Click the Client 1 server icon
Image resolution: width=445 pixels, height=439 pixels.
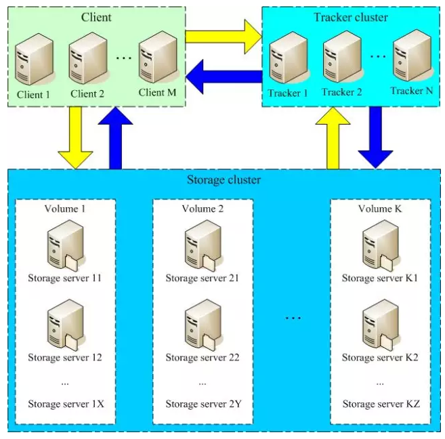pos(35,59)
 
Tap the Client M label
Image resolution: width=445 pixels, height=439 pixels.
pos(157,92)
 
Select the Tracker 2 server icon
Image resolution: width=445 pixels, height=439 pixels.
pos(343,57)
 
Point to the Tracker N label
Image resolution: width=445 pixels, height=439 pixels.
pos(412,91)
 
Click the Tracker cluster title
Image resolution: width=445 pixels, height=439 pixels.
pos(351,17)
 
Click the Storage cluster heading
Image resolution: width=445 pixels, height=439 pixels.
pos(224,180)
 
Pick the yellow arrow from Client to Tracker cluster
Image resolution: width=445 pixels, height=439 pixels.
pos(224,37)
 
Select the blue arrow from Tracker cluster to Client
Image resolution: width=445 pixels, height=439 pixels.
pos(224,77)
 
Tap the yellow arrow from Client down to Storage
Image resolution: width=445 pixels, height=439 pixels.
pos(75,138)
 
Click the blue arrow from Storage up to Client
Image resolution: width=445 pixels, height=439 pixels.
pos(115,138)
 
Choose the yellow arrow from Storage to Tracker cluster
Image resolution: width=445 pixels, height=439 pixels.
pos(333,138)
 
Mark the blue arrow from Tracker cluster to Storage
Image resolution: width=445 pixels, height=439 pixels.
pos(375,138)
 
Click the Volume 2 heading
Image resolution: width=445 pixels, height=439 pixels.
pos(203,209)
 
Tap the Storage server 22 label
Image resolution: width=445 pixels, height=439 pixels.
pos(203,357)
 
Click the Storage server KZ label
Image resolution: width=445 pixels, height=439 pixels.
pos(381,404)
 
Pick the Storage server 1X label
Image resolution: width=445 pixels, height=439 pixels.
pos(66,404)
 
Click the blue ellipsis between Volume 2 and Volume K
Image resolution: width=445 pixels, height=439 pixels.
pos(293,318)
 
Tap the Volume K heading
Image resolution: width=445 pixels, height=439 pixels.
pos(380,209)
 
